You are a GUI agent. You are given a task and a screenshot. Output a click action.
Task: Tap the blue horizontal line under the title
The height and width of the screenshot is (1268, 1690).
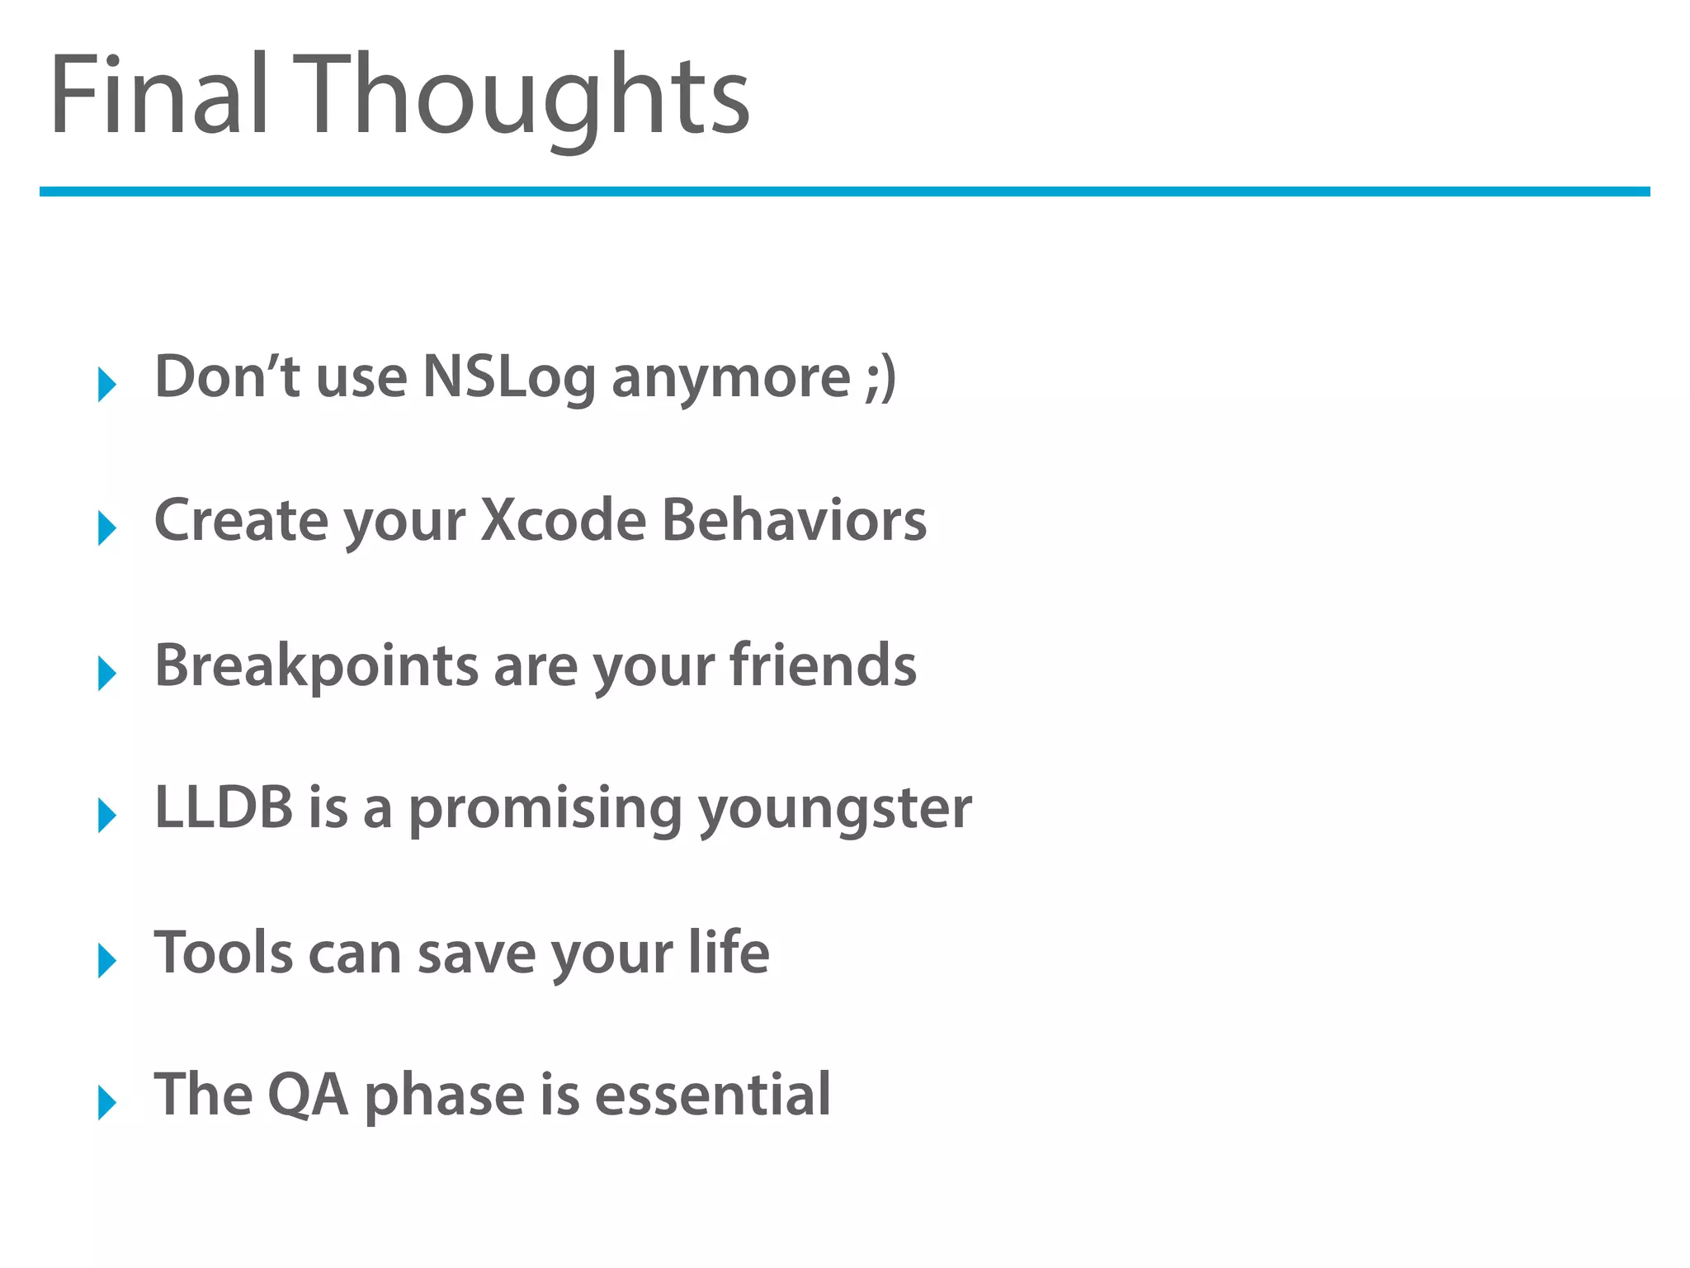pyautogui.click(x=844, y=192)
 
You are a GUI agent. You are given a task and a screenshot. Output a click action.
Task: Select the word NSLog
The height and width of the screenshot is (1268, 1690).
pyautogui.click(x=508, y=378)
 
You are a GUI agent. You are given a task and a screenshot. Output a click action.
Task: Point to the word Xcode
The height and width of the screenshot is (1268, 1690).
pyautogui.click(x=564, y=520)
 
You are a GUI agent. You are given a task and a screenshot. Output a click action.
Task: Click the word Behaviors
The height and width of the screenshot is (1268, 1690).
pyautogui.click(x=794, y=520)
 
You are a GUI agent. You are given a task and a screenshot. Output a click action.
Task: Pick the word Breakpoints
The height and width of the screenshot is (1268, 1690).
pyautogui.click(x=316, y=665)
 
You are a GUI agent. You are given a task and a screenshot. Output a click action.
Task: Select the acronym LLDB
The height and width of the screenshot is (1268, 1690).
pyautogui.click(x=224, y=807)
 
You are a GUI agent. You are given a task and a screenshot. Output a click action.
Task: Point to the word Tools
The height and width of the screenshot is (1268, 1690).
pyautogui.click(x=224, y=952)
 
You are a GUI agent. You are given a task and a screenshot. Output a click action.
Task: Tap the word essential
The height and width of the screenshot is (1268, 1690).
pyautogui.click(x=712, y=1095)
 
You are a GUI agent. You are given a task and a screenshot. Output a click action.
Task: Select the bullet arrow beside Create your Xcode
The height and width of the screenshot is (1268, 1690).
pyautogui.click(x=106, y=528)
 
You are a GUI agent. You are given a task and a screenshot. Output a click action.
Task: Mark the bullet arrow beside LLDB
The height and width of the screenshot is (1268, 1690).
pyautogui.click(x=106, y=816)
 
